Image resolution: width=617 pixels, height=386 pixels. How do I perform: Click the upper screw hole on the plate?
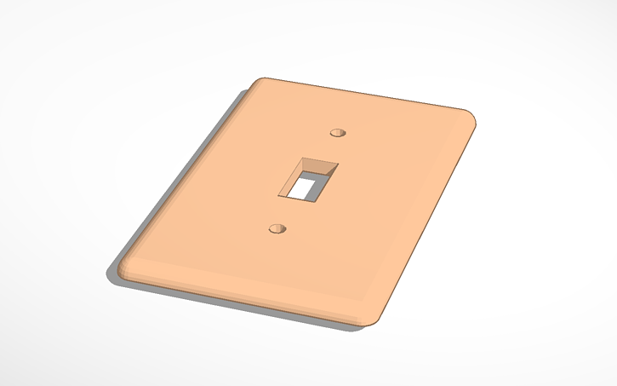point(339,133)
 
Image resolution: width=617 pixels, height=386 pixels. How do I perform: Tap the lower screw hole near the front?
point(277,228)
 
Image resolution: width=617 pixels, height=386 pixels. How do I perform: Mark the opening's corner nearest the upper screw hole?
point(338,164)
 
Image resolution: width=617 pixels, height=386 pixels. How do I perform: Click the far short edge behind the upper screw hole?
point(366,95)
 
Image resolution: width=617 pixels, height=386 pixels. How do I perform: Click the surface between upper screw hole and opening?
point(328,147)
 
